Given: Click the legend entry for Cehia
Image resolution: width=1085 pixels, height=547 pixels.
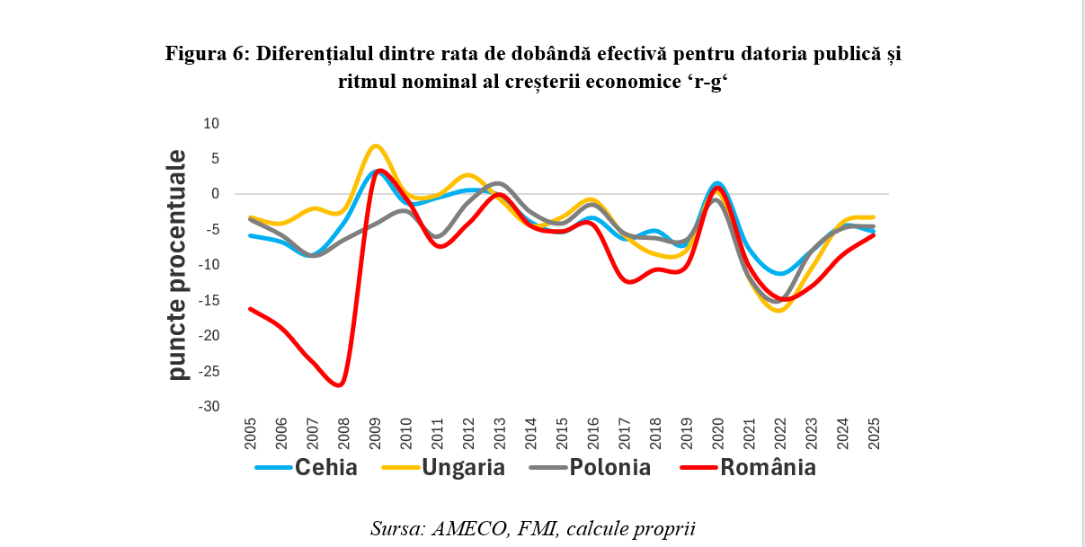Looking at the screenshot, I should [307, 467].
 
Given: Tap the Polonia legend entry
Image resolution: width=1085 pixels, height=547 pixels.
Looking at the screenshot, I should [594, 467].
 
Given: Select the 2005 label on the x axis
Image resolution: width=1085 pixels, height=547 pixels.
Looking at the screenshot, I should [252, 435].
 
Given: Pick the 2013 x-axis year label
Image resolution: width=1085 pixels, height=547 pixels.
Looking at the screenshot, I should [498, 435].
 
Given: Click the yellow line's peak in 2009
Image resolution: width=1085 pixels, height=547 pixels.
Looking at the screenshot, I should [376, 146].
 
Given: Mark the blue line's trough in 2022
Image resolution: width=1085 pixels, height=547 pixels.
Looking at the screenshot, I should [781, 273].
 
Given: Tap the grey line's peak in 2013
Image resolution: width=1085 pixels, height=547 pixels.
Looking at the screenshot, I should [499, 183].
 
